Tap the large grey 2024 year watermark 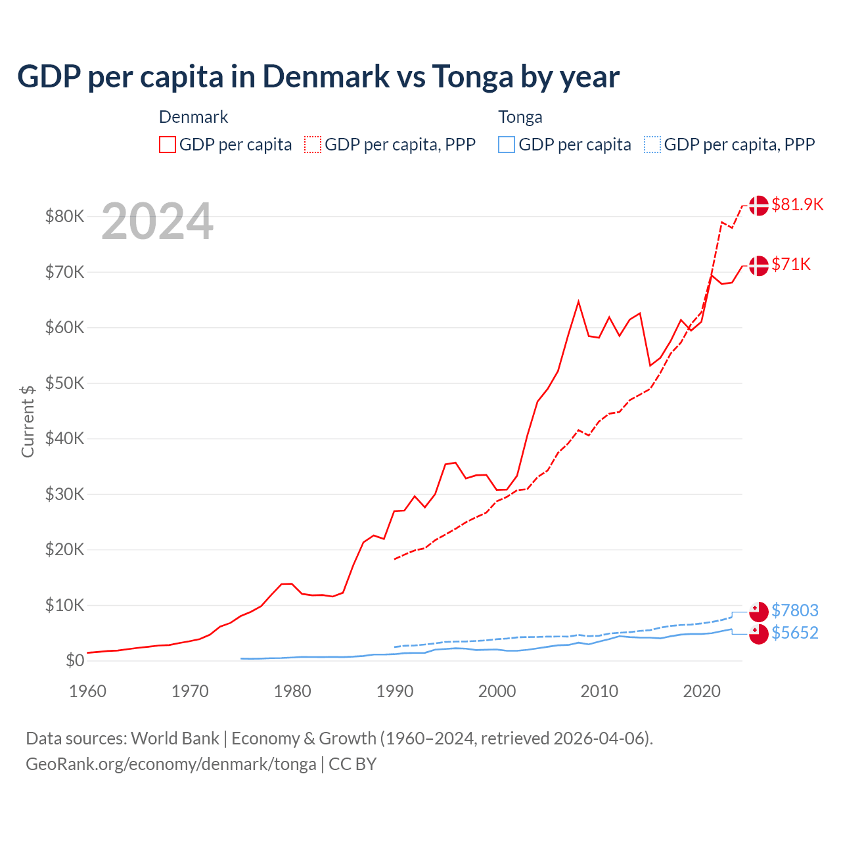pyautogui.click(x=157, y=221)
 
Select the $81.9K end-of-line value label pyautogui.click(x=797, y=204)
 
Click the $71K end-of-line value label pyautogui.click(x=791, y=264)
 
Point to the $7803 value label pyautogui.click(x=794, y=610)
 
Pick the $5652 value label pyautogui.click(x=794, y=633)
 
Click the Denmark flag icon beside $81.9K pyautogui.click(x=758, y=205)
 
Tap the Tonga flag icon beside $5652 pyautogui.click(x=758, y=634)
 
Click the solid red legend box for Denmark pyautogui.click(x=168, y=145)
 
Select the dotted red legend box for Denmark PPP pyautogui.click(x=313, y=145)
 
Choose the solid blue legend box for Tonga pyautogui.click(x=506, y=145)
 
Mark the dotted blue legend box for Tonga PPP pyautogui.click(x=652, y=145)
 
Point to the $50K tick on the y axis pyautogui.click(x=64, y=383)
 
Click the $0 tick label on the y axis pyautogui.click(x=74, y=660)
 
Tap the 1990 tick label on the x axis pyautogui.click(x=395, y=691)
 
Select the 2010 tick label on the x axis pyautogui.click(x=599, y=691)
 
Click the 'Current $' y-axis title pyautogui.click(x=28, y=421)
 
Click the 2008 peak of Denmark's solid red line pyautogui.click(x=578, y=302)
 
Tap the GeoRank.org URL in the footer pyautogui.click(x=171, y=764)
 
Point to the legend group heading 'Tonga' pyautogui.click(x=520, y=117)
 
